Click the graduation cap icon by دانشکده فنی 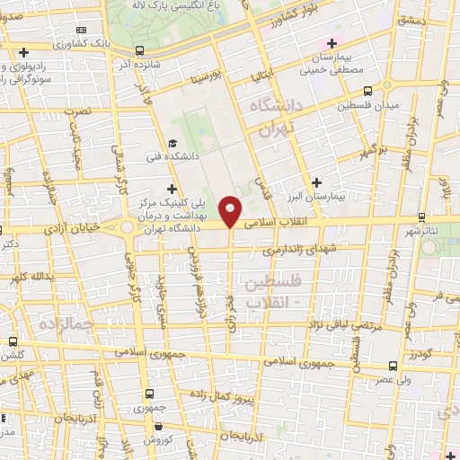172,142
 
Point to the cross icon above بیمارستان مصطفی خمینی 332,43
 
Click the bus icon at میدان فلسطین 367,90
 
